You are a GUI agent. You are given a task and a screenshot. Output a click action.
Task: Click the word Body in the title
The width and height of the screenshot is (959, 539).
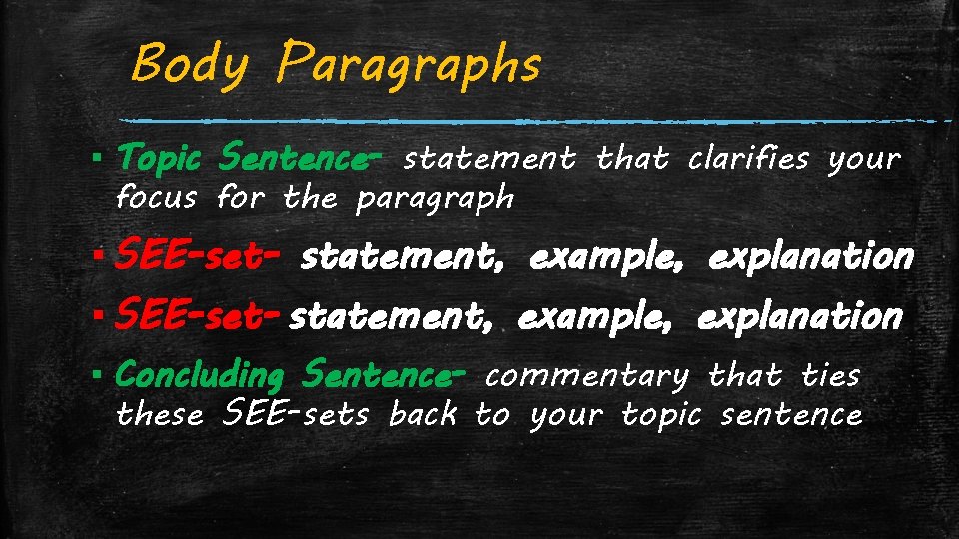click(189, 65)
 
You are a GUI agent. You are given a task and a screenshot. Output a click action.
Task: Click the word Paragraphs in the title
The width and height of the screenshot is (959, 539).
click(411, 65)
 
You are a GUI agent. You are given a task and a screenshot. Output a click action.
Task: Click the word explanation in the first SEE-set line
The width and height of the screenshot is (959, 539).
click(811, 258)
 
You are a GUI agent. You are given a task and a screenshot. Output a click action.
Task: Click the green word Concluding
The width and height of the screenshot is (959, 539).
click(200, 376)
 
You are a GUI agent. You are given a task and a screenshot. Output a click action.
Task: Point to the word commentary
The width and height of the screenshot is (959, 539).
click(587, 376)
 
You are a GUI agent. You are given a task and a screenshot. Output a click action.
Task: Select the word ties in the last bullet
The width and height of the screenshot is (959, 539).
click(831, 375)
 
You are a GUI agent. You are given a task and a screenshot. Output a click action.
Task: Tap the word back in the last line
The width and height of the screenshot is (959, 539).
click(423, 413)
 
